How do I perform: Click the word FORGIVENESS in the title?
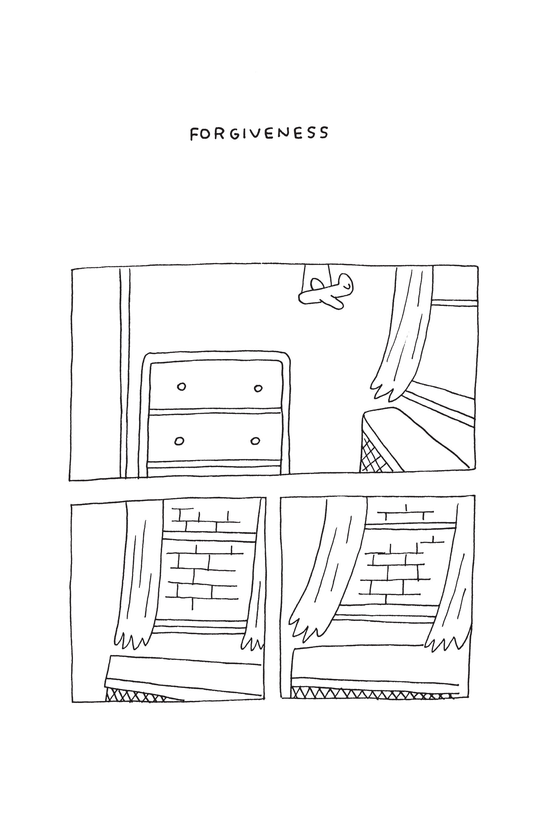(x=259, y=133)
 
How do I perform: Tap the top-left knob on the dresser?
(x=181, y=386)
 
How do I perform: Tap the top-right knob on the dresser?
(x=258, y=388)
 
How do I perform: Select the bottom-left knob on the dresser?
(x=179, y=441)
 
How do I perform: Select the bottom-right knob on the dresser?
(x=255, y=441)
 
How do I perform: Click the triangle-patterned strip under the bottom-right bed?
(x=370, y=693)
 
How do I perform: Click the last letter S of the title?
(x=323, y=133)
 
